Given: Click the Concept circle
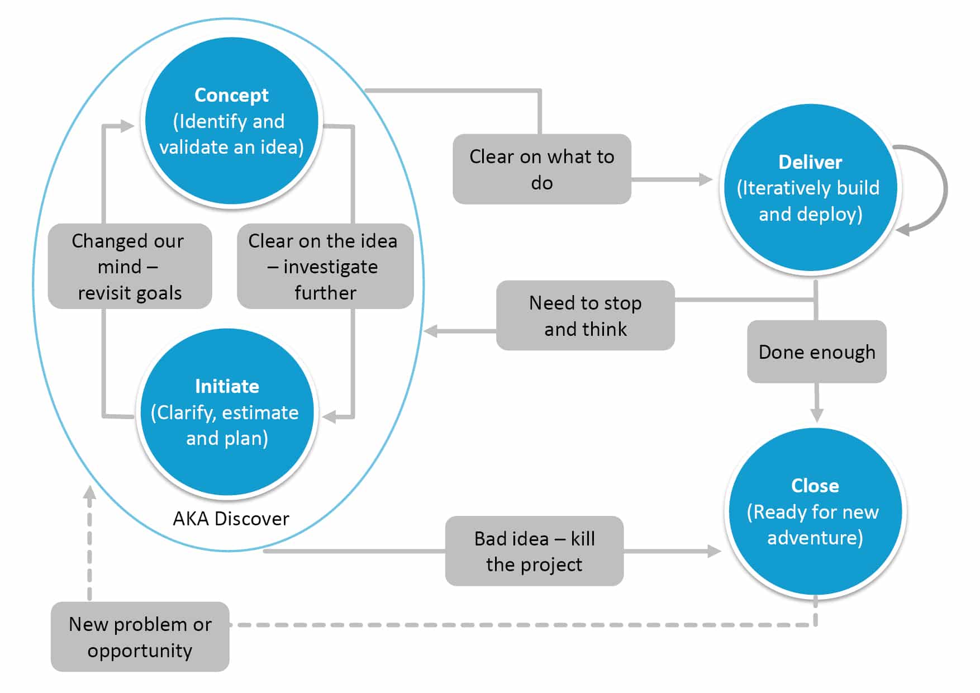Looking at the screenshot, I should [231, 121].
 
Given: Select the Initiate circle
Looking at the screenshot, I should [227, 412].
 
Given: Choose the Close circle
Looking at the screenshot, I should [815, 511].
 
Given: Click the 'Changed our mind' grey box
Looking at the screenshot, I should [130, 267].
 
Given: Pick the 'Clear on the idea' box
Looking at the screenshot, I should [325, 267].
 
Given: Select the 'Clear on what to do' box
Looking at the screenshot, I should [541, 169].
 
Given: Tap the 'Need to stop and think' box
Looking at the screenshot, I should [585, 316].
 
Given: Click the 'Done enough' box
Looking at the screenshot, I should [816, 352].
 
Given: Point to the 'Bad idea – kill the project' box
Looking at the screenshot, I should [534, 551].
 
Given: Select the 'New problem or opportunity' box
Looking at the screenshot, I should [140, 637].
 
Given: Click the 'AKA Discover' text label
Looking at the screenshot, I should [231, 519].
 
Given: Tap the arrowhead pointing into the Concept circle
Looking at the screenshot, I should [127, 126].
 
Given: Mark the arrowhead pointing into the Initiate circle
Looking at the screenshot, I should [330, 416].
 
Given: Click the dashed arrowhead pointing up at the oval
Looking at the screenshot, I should [89, 493].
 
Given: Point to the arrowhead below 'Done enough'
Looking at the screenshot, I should [817, 415].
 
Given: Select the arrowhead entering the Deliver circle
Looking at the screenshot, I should [706, 179].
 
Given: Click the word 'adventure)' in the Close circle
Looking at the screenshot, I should [815, 538].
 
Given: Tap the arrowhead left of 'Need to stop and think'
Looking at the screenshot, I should [430, 331].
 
